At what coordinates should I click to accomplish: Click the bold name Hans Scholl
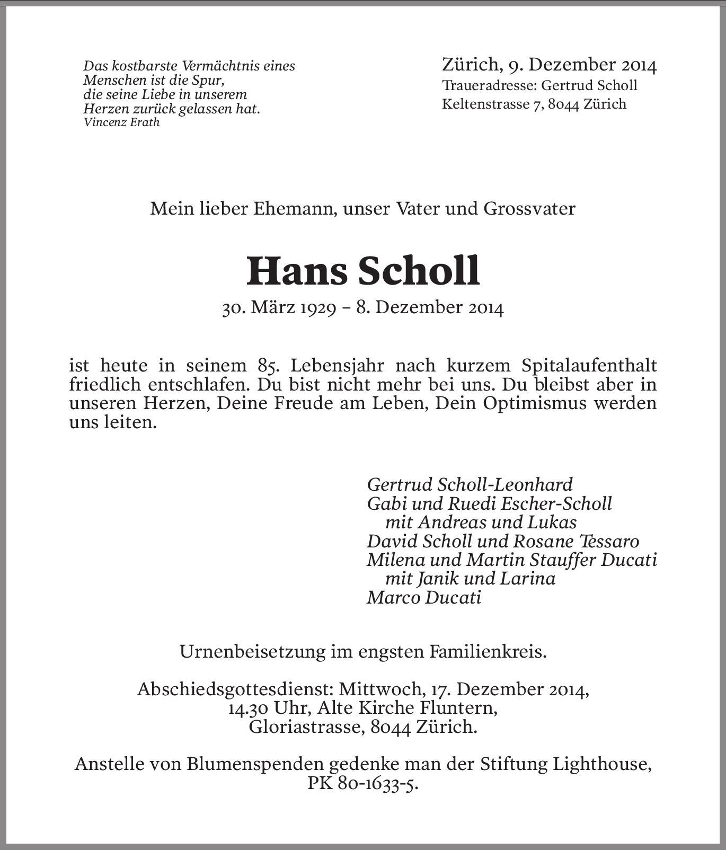pos(363,271)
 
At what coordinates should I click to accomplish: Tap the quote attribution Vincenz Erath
pos(121,122)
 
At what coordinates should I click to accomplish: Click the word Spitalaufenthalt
pos(589,365)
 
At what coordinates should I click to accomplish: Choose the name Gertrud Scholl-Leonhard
pos(470,484)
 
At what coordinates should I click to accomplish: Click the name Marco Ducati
pos(424,598)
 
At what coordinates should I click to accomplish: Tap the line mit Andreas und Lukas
pos(481,523)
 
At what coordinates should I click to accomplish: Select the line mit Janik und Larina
pos(470,579)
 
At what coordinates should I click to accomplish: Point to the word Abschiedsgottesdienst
pos(235,689)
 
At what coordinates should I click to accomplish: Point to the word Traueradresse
pos(488,85)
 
